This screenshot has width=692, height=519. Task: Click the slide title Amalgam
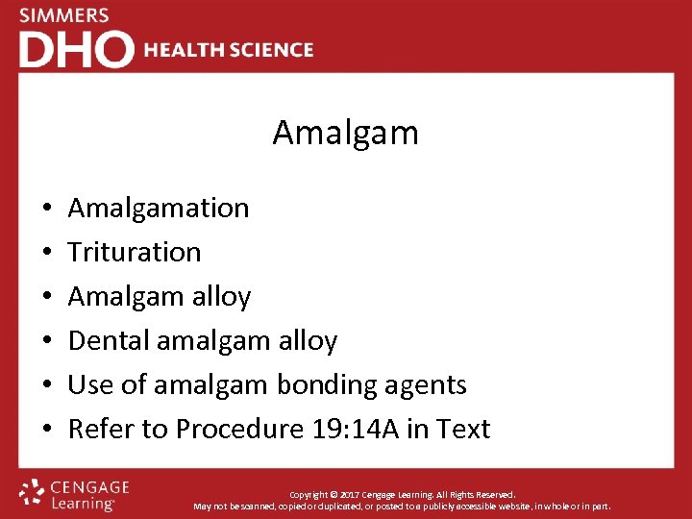(x=345, y=133)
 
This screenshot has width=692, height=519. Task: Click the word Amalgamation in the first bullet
(x=159, y=208)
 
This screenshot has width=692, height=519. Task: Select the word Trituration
(x=135, y=252)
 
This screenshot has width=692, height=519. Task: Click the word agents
(x=429, y=384)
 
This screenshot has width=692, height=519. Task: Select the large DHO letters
(x=76, y=49)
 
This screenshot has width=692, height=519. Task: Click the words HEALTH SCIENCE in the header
(x=229, y=50)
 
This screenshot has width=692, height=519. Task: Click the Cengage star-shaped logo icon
(x=33, y=492)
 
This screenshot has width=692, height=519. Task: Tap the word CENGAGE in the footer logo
(x=91, y=487)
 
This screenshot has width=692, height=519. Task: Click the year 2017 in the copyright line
(x=370, y=494)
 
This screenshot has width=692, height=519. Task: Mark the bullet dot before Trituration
(x=47, y=253)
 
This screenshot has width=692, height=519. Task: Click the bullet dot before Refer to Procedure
(x=47, y=430)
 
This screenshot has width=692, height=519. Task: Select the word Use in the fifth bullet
(x=90, y=384)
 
